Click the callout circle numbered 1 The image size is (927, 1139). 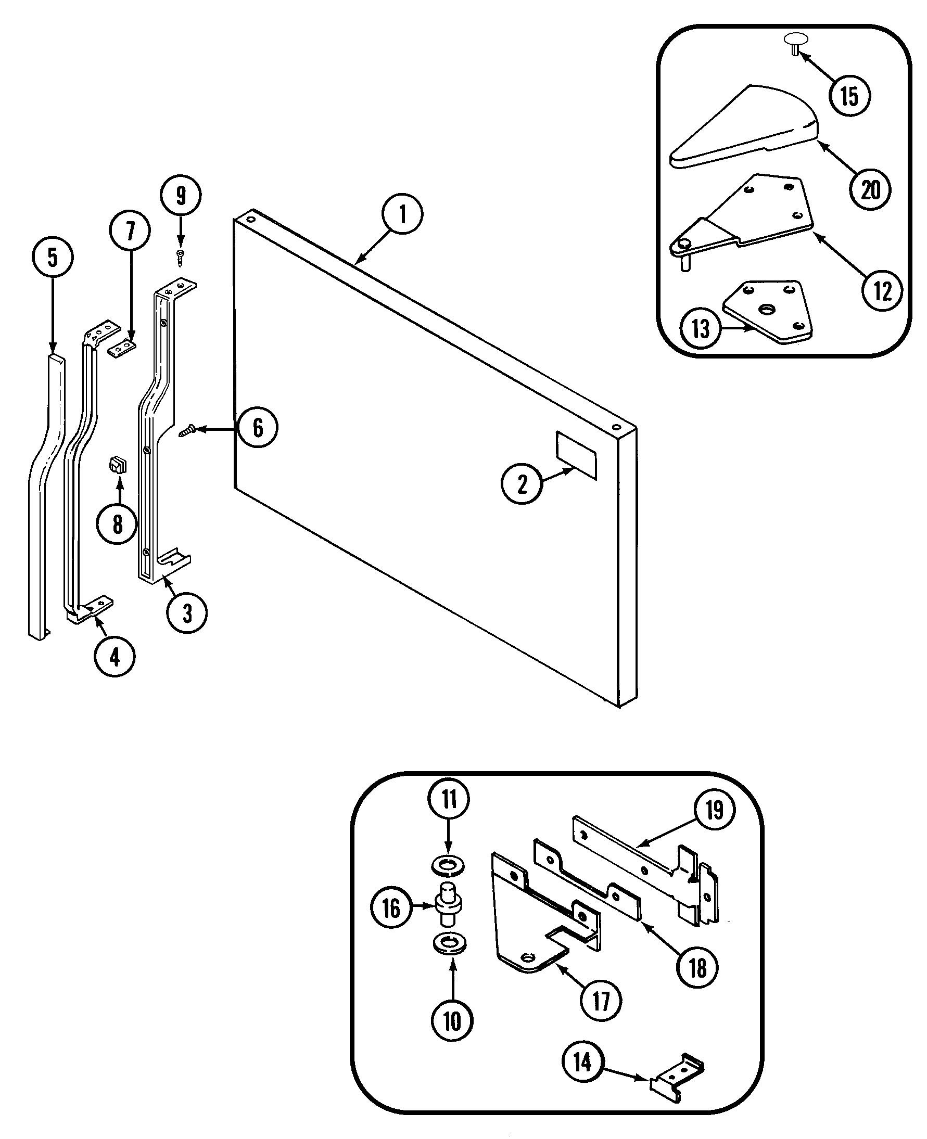(402, 214)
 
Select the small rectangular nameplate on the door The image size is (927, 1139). (576, 455)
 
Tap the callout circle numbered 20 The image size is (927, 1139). (870, 189)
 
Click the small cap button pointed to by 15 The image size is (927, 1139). (796, 42)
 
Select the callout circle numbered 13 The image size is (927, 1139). (700, 329)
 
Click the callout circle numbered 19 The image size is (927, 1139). (715, 810)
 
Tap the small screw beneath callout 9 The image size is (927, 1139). (181, 258)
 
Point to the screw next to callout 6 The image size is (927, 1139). (187, 430)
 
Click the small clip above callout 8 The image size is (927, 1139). (118, 465)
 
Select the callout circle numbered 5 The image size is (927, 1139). (53, 257)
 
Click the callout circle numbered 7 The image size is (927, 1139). (130, 230)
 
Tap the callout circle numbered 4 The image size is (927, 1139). (115, 657)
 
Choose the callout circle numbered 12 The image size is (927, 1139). (882, 291)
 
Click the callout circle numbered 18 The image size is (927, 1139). (697, 967)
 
